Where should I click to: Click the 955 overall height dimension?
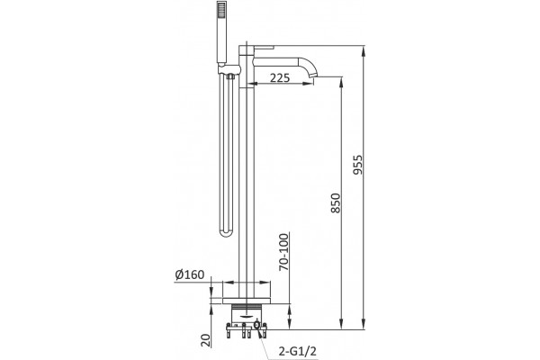358,165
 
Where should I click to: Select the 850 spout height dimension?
336,202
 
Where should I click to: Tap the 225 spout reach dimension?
280,78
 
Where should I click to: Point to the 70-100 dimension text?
283,252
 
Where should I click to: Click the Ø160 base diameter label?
189,274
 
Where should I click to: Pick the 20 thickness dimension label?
205,341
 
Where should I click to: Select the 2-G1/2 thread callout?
297,351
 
